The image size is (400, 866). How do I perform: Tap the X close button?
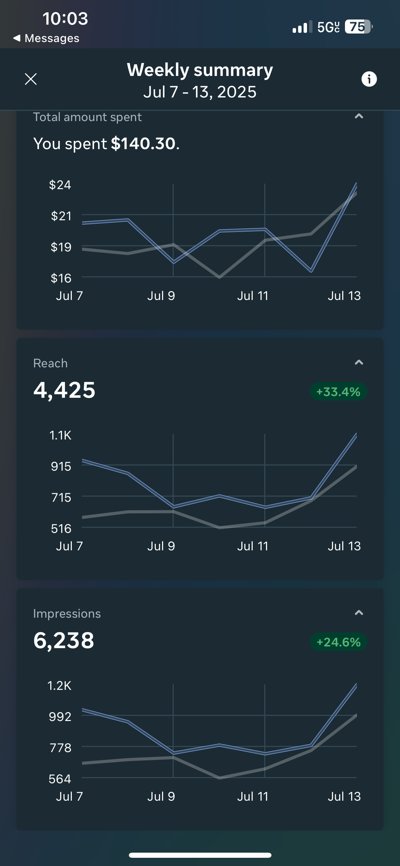point(31,79)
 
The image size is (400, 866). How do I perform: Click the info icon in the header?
point(369,79)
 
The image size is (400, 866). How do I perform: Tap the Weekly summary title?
point(200,70)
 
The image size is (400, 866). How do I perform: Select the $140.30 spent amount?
point(143,144)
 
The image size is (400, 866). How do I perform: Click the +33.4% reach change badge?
point(338,392)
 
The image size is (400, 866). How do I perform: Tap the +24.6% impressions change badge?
point(338,642)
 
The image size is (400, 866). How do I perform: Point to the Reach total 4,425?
point(64,390)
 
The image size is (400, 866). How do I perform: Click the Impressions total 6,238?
point(64,641)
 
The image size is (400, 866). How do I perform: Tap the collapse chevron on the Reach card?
point(359,363)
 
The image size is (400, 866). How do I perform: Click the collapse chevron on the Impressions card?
point(359,613)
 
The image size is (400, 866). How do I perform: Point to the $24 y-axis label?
point(60,185)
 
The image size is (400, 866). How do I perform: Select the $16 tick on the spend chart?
point(61,278)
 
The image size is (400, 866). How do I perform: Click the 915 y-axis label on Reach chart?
point(61,467)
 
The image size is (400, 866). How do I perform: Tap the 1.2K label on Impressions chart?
point(59,686)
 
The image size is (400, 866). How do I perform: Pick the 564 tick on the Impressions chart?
point(60,779)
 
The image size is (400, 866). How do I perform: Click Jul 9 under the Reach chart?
point(161,546)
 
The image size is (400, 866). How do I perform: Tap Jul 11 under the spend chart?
point(253,296)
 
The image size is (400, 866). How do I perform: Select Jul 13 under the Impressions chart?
point(344,797)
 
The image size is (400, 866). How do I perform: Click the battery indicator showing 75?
point(358,27)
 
